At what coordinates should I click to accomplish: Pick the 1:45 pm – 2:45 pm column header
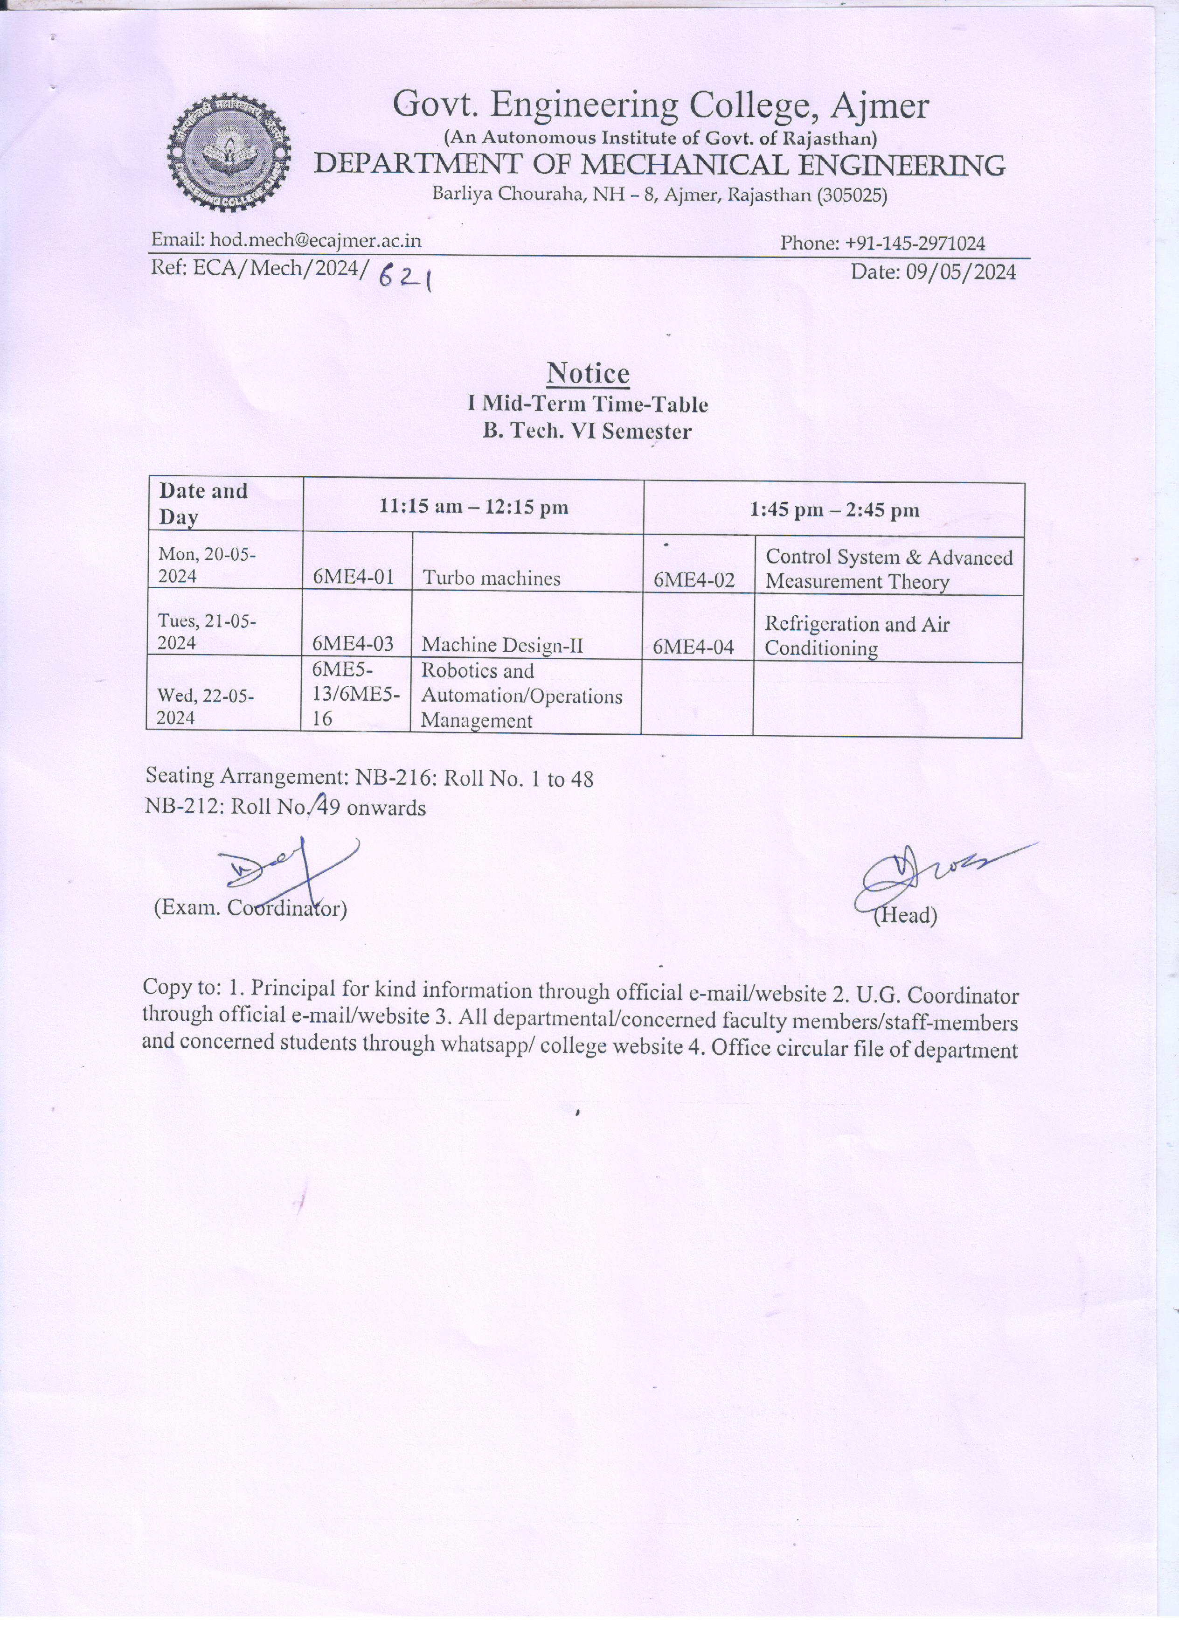[x=834, y=511]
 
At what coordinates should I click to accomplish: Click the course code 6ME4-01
[x=354, y=578]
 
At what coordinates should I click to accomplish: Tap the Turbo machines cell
[x=491, y=578]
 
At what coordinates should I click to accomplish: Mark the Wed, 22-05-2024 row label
[x=206, y=707]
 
